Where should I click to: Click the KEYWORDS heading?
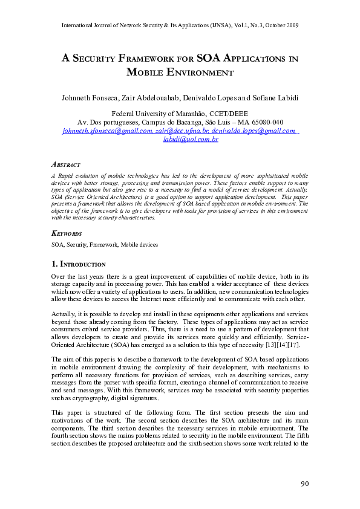click(x=67, y=233)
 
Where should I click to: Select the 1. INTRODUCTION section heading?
click(x=79, y=264)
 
